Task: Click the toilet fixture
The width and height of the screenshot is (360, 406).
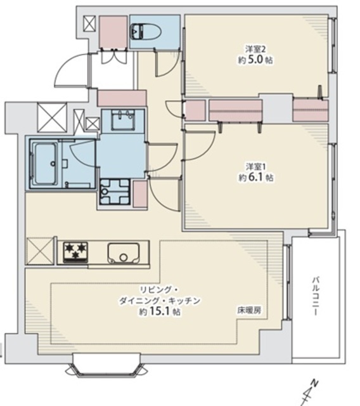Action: tap(146, 32)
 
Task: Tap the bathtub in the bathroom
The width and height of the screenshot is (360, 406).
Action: tap(45, 164)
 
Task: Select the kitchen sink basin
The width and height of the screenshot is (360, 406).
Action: tap(124, 253)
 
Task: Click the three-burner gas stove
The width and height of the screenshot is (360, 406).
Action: tap(75, 252)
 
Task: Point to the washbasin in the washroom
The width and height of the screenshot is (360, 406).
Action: tap(123, 120)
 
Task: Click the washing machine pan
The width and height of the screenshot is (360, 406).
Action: tap(115, 192)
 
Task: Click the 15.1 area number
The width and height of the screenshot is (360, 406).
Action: tap(160, 311)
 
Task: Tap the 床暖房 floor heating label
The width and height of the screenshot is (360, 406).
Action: tap(249, 310)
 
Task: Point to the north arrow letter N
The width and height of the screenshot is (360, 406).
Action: tap(314, 383)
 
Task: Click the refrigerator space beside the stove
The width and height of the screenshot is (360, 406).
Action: tap(39, 251)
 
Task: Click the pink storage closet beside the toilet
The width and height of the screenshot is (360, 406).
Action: tap(113, 32)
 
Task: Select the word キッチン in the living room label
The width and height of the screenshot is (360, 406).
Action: tap(184, 301)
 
